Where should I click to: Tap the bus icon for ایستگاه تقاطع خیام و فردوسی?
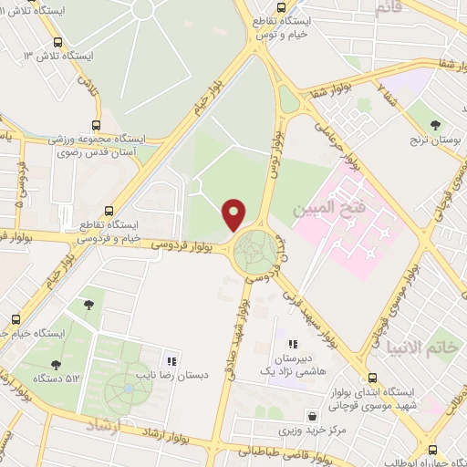pos(109,209)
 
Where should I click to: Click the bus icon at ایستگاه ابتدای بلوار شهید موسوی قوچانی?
pos(371,378)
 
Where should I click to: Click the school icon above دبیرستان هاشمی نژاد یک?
pos(293,344)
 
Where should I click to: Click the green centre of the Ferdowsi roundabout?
pos(256,254)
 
